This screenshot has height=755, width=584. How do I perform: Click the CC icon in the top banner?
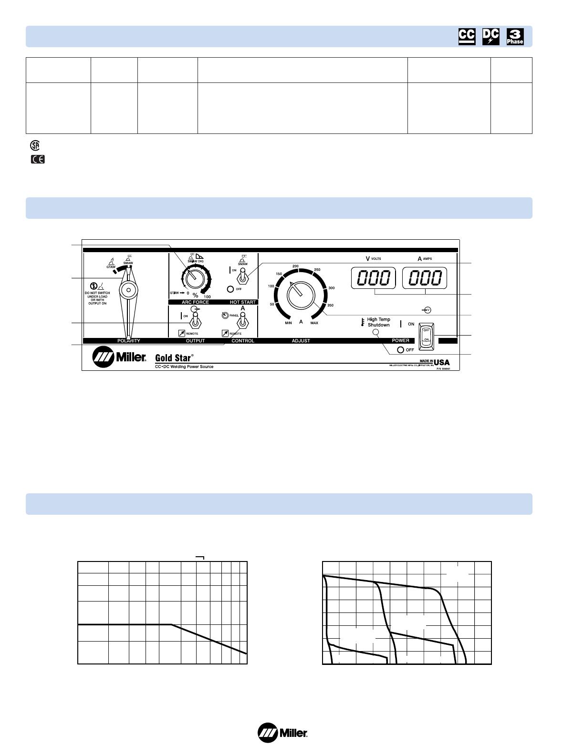tap(467, 37)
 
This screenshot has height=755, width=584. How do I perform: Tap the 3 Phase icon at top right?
tap(515, 37)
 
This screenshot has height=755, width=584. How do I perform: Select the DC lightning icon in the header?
tap(490, 37)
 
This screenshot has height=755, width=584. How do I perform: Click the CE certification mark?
tap(37, 160)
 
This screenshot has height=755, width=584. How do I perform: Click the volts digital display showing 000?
tap(374, 278)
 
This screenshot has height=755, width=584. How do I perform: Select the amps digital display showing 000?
tap(425, 278)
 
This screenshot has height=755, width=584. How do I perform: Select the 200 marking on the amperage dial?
tap(295, 265)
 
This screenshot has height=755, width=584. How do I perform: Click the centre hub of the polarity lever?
tap(128, 289)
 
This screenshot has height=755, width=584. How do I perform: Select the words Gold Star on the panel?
tap(174, 357)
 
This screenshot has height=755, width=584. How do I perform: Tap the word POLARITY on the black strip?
tap(129, 341)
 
